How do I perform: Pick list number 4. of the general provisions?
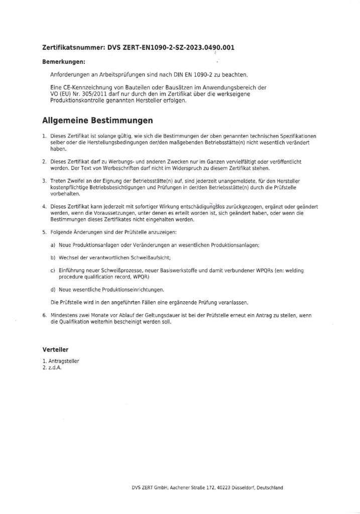(44, 206)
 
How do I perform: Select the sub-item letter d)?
(53, 290)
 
